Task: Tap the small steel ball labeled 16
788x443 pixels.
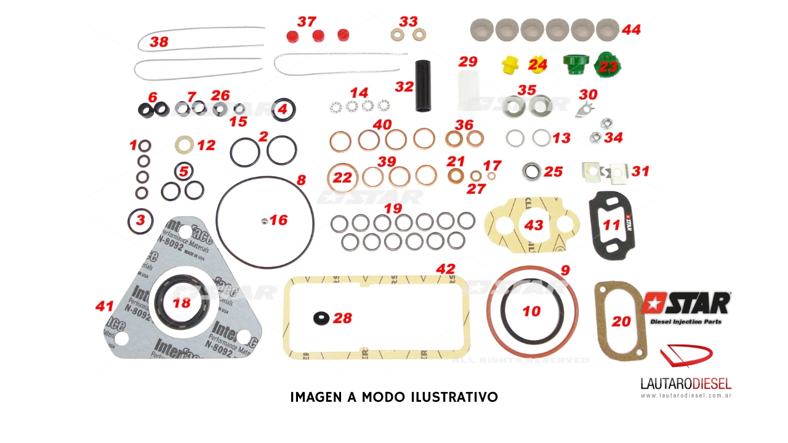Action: [263, 220]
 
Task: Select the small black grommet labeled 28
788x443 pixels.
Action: [320, 318]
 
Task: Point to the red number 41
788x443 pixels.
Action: [105, 306]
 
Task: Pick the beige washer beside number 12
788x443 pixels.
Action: [184, 145]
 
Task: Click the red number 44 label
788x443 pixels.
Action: [631, 30]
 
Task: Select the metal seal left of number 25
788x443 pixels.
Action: [531, 170]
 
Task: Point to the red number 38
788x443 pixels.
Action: [158, 42]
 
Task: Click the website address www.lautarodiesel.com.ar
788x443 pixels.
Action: [686, 396]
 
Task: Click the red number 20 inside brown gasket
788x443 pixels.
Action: [621, 321]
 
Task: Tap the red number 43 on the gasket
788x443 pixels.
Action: [533, 225]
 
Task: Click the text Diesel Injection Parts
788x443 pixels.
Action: [686, 321]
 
